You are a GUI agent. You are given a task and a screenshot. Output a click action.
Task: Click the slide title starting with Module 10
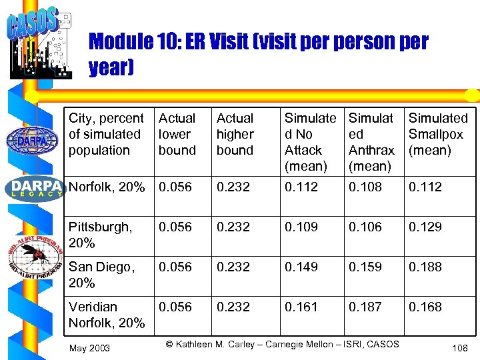[x=258, y=55]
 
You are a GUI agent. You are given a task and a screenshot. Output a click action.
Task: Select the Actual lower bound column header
[x=177, y=134]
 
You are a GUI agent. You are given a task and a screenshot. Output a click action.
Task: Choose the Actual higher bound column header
[x=235, y=134]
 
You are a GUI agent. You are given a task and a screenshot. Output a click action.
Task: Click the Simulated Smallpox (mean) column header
[x=438, y=134]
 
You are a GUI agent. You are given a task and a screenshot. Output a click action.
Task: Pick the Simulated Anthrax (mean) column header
[x=371, y=142]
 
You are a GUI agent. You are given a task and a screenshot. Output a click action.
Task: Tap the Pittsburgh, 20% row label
[x=100, y=235]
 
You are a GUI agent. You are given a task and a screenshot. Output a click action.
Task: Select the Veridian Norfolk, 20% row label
[x=107, y=315]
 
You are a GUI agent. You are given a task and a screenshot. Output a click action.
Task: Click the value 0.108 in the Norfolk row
[x=365, y=187]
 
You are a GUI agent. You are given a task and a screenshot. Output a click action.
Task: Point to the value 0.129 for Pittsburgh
[x=425, y=227]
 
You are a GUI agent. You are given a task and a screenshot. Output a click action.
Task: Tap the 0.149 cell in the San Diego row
[x=301, y=267]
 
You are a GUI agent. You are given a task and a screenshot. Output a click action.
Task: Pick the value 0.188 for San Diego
[x=425, y=267]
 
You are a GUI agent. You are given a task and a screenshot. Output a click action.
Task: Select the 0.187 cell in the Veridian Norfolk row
[x=365, y=307]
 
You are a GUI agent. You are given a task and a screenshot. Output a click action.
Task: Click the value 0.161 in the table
[x=301, y=307]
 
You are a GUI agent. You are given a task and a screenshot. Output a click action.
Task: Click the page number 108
[x=459, y=348]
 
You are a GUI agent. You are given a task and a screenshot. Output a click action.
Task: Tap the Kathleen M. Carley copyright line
[x=282, y=344]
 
